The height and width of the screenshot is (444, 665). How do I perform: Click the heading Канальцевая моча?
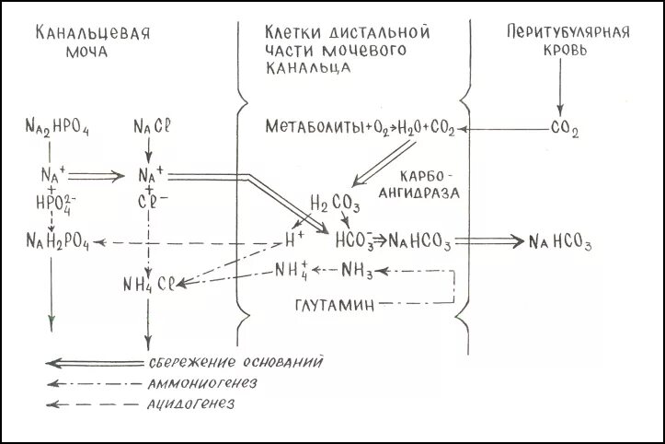point(93,42)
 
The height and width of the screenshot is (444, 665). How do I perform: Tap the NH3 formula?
point(357,270)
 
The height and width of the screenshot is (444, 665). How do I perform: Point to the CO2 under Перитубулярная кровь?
point(564,131)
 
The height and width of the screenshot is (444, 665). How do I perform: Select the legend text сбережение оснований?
point(235,360)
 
